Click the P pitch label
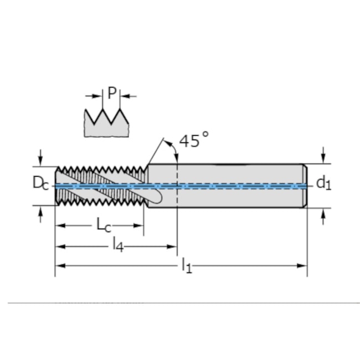click(x=112, y=92)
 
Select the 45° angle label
click(x=193, y=140)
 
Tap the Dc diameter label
click(x=40, y=182)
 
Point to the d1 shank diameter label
click(x=323, y=182)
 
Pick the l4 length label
click(x=117, y=245)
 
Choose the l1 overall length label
click(x=187, y=265)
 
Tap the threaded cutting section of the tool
click(x=100, y=186)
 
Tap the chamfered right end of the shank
click(x=305, y=186)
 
